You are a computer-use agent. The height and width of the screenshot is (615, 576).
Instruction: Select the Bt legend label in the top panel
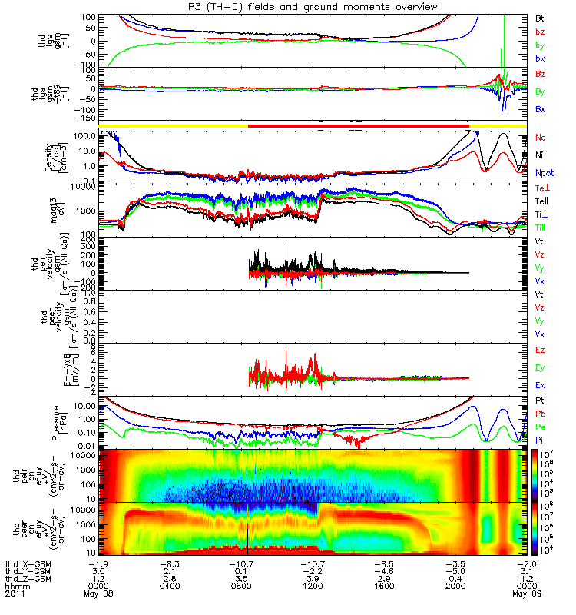(x=541, y=18)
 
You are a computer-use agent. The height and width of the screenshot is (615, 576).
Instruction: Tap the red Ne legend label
(x=541, y=138)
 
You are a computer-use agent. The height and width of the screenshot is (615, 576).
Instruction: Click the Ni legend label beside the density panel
(x=541, y=156)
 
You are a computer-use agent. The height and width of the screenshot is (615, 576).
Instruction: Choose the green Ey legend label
(x=541, y=368)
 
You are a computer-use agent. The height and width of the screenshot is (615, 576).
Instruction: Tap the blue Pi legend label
(x=541, y=439)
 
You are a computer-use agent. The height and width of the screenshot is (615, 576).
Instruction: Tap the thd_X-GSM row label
(x=23, y=563)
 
